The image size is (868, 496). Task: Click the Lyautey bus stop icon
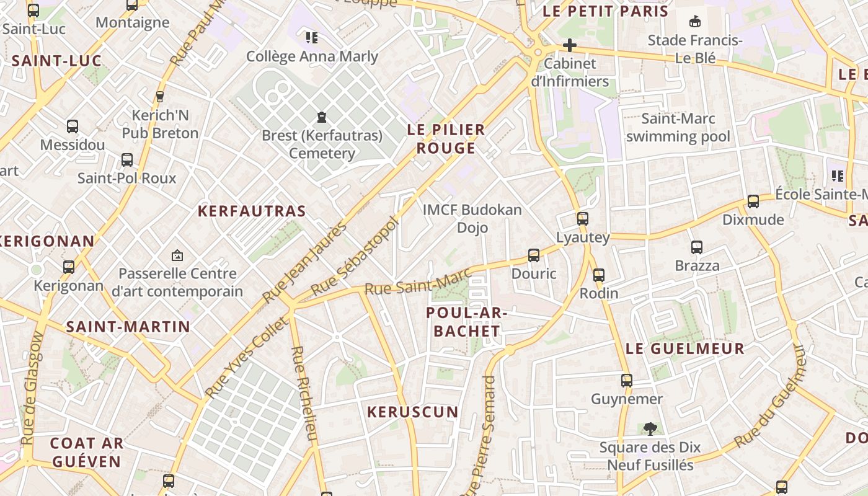pyautogui.click(x=582, y=218)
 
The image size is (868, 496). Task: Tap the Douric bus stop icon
pyautogui.click(x=533, y=255)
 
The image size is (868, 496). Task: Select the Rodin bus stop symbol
pyautogui.click(x=598, y=275)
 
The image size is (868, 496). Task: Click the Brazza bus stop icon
pyautogui.click(x=697, y=247)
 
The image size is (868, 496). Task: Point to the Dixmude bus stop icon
pyautogui.click(x=753, y=201)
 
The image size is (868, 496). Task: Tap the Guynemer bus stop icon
pyautogui.click(x=627, y=380)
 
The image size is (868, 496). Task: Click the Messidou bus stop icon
pyautogui.click(x=73, y=126)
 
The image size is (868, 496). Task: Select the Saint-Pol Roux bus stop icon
pyautogui.click(x=127, y=159)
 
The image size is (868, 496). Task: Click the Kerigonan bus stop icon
pyautogui.click(x=69, y=267)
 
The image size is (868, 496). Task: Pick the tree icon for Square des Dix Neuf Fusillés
pyautogui.click(x=650, y=428)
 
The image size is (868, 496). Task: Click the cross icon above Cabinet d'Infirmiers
pyautogui.click(x=569, y=45)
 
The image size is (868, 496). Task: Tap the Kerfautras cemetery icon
pyautogui.click(x=321, y=117)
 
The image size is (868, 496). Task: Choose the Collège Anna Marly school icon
pyautogui.click(x=312, y=38)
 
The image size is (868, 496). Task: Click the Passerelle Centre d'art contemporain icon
pyautogui.click(x=177, y=255)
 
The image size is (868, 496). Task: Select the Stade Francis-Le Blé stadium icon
pyautogui.click(x=695, y=22)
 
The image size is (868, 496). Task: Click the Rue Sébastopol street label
pyautogui.click(x=354, y=256)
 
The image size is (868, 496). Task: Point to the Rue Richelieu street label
pyautogui.click(x=304, y=393)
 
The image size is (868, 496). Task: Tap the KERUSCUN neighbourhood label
pyautogui.click(x=412, y=412)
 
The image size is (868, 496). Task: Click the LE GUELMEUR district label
pyautogui.click(x=684, y=348)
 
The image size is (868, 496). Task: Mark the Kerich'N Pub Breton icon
pyautogui.click(x=160, y=97)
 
